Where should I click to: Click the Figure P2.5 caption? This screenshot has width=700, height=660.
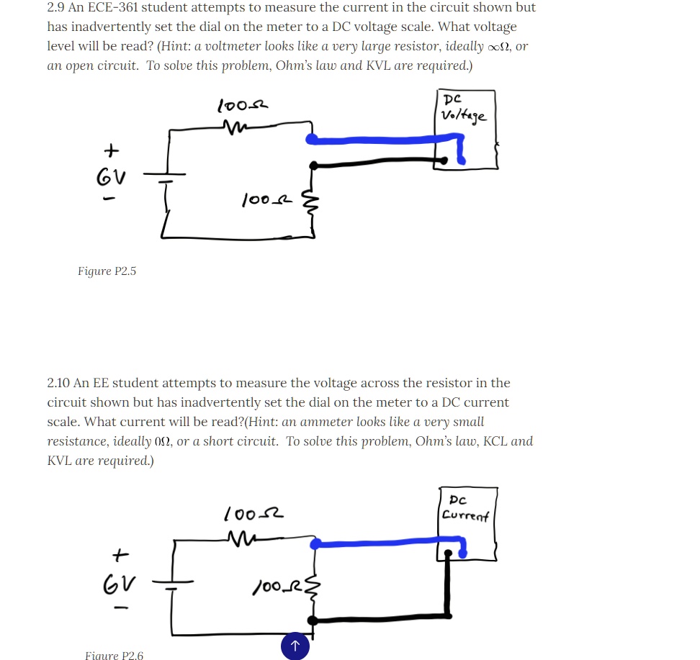[107, 271]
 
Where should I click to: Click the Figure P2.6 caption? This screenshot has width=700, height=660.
[114, 655]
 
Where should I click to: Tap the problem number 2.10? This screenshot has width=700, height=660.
[58, 383]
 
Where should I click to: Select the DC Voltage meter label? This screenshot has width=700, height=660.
[465, 108]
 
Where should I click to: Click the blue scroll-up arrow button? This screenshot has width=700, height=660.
[295, 646]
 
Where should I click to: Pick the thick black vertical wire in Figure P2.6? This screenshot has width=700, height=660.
[449, 587]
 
